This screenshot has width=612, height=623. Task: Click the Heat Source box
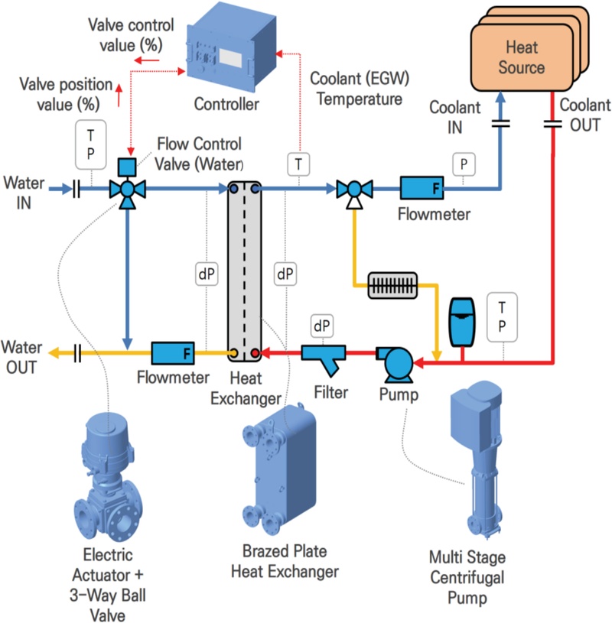(x=520, y=57)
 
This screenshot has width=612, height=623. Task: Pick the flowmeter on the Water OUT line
(x=173, y=353)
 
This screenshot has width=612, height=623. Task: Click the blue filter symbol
(x=324, y=355)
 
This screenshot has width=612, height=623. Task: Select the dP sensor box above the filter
(x=322, y=326)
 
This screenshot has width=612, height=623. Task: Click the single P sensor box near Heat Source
(x=462, y=162)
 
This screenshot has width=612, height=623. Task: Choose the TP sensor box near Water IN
(x=91, y=144)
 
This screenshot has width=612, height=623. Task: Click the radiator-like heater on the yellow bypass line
(x=392, y=285)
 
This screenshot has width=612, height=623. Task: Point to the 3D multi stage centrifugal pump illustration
(x=474, y=451)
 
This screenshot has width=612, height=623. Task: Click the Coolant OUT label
(x=584, y=115)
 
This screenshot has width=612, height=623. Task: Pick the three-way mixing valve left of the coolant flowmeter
(x=353, y=189)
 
